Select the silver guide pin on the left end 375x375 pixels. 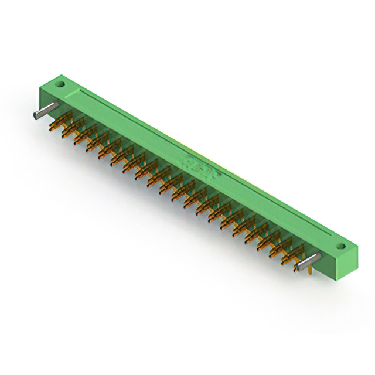coord(45,110)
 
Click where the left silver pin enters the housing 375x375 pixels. coord(56,105)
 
